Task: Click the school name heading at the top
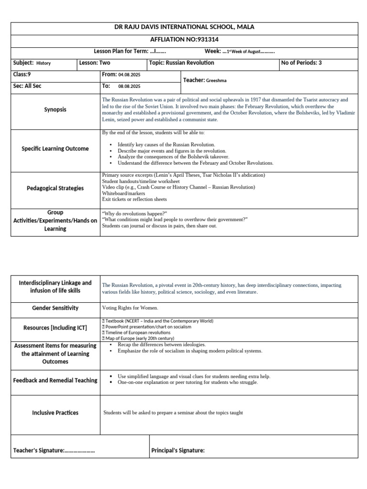(x=183, y=27)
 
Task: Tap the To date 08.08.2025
(x=129, y=86)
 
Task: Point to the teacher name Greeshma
(x=216, y=81)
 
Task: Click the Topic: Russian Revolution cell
(x=182, y=63)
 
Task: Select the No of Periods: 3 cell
(x=302, y=63)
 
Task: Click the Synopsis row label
(x=55, y=109)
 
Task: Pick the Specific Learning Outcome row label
(x=55, y=149)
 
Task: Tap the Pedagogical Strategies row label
(x=55, y=188)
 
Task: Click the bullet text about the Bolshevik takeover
(x=173, y=157)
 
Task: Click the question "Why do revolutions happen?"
(x=135, y=213)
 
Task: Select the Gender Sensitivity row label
(x=55, y=308)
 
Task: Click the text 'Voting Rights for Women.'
(x=130, y=308)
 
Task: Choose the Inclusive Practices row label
(x=55, y=413)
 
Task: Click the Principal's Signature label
(x=178, y=450)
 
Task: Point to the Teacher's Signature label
(x=54, y=450)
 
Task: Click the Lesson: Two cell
(x=95, y=63)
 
